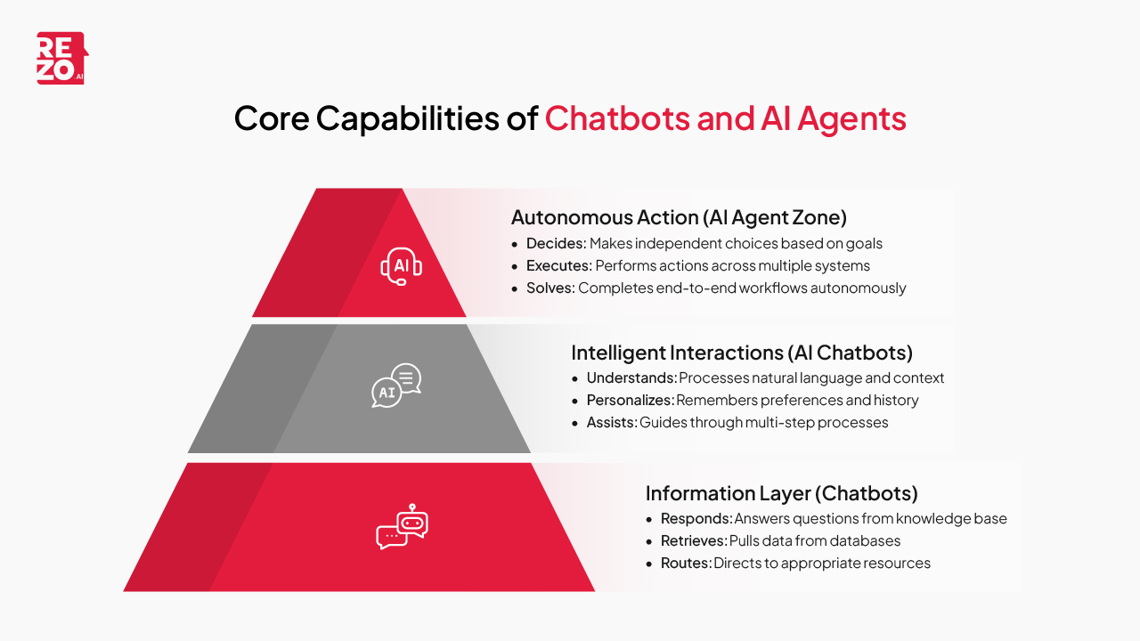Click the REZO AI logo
point(61,59)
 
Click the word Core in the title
point(271,118)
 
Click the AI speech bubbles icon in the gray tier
point(396,385)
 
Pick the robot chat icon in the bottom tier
point(402,527)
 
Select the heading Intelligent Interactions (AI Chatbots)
point(742,353)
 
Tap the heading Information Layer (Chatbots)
point(781,493)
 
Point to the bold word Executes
point(558,265)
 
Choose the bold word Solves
point(549,288)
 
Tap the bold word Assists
point(611,422)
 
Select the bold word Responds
point(696,519)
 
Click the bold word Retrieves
point(693,541)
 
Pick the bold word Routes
point(684,564)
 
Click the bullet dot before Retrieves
point(650,541)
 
